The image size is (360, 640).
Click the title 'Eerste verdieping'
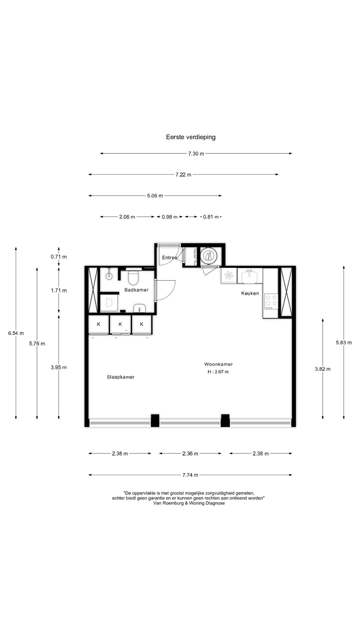(191, 137)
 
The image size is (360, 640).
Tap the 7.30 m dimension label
(196, 154)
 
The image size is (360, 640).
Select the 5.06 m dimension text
(155, 196)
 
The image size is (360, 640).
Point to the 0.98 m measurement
(169, 217)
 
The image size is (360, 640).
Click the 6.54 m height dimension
(16, 333)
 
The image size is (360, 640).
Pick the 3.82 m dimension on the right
(323, 369)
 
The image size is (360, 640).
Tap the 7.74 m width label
(190, 475)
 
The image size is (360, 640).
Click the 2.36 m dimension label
(190, 453)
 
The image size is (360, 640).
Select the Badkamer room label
(136, 290)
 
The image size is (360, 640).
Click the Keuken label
(250, 293)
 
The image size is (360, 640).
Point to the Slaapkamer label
(121, 377)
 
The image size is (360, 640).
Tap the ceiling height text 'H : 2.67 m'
(218, 372)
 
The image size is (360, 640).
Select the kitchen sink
(250, 276)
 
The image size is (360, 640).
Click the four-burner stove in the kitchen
(271, 301)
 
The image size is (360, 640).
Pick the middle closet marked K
(120, 324)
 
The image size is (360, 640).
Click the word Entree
(170, 258)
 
